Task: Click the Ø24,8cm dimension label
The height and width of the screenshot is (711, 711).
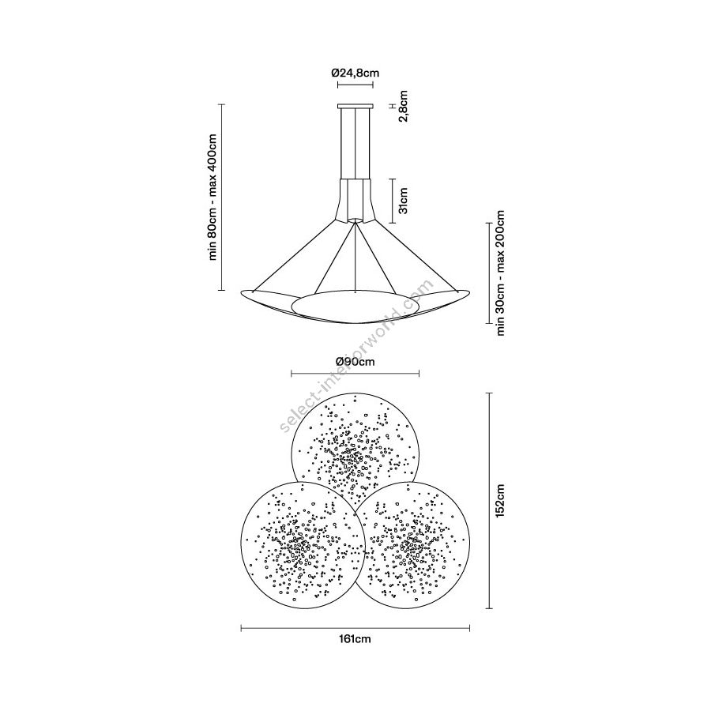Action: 355,73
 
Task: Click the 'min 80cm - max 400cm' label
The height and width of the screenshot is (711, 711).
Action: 213,197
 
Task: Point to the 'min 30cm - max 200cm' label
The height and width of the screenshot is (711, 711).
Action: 500,273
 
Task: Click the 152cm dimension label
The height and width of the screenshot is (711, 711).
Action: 500,501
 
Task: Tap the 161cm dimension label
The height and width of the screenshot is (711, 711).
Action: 355,639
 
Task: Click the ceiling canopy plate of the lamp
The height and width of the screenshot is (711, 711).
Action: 355,107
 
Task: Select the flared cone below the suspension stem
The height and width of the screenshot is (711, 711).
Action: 355,200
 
